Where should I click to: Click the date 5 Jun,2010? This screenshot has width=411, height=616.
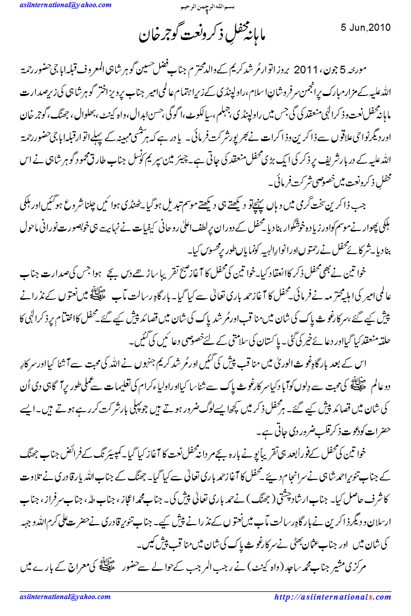pyautogui.click(x=366, y=27)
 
